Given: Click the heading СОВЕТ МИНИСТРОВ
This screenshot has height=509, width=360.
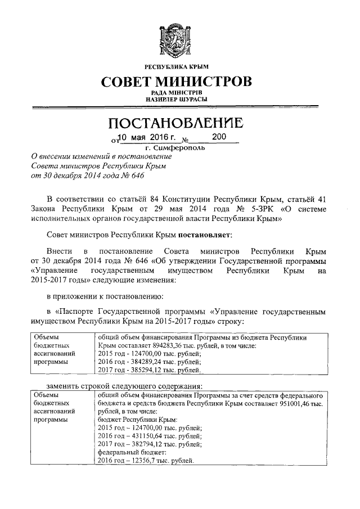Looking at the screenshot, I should click(180, 82).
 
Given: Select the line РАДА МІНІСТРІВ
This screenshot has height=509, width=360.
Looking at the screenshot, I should click(180, 93).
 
